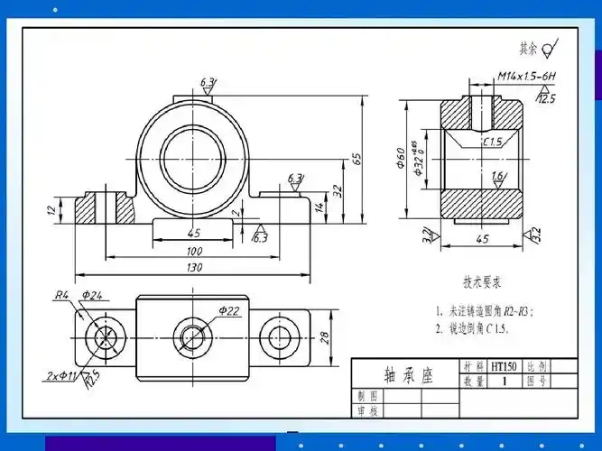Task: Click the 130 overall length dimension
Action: tap(194, 268)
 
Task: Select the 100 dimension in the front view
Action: tap(194, 251)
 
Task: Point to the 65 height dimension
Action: tap(357, 159)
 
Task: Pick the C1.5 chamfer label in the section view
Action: tap(492, 143)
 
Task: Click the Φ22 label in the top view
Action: tap(229, 311)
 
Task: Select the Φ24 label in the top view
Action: tap(92, 295)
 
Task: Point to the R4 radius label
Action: tap(61, 295)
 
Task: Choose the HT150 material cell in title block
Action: tap(501, 367)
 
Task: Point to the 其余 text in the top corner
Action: tap(528, 47)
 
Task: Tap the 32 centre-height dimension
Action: tap(337, 190)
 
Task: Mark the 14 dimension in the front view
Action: tap(319, 207)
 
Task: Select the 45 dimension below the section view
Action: tap(481, 239)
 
